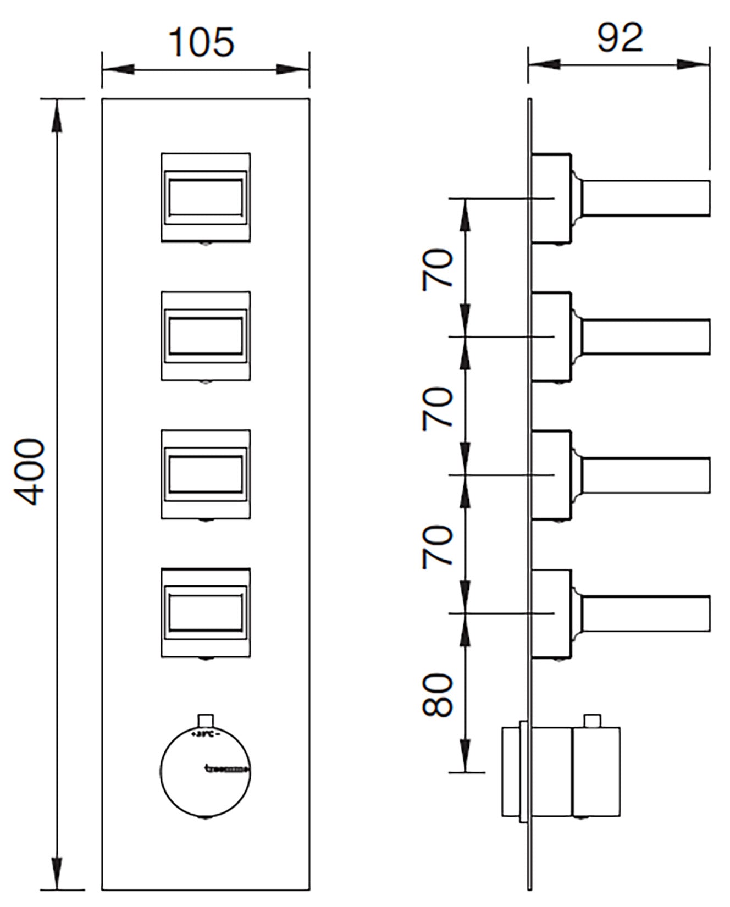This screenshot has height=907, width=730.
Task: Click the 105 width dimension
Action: [x=202, y=42]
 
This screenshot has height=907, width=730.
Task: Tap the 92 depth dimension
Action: [x=620, y=38]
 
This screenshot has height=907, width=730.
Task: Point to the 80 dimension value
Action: [x=438, y=695]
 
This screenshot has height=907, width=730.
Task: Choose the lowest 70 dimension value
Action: [x=438, y=546]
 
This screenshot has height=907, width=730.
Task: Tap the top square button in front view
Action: [x=206, y=197]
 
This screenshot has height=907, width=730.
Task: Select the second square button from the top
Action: [x=206, y=336]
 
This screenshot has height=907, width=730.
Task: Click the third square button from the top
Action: [x=206, y=474]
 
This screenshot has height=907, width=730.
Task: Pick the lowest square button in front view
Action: [x=206, y=613]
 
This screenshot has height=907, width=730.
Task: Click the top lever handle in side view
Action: [x=646, y=198]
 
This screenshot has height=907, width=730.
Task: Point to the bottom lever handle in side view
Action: [x=646, y=613]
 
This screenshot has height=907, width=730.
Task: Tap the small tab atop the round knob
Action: [x=205, y=721]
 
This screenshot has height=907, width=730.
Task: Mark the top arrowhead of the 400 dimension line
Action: [x=56, y=115]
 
